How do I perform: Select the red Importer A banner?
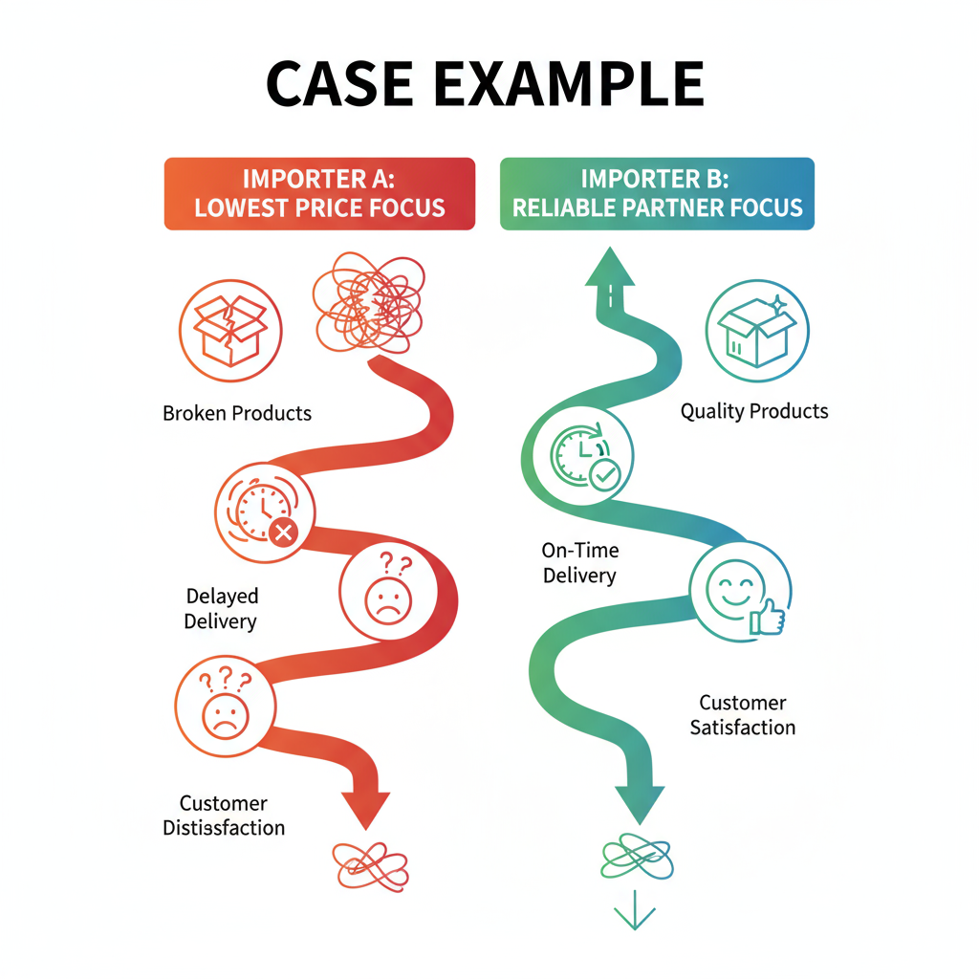[319, 193]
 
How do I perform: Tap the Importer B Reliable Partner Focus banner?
[657, 193]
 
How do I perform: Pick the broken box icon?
[230, 330]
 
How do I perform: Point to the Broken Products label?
[237, 414]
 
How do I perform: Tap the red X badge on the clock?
[283, 533]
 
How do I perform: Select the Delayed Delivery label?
[221, 609]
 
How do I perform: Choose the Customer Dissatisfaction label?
[224, 816]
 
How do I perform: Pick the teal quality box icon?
[757, 331]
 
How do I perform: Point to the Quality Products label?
[754, 411]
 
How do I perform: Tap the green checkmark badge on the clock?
[604, 475]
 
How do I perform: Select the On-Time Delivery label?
[579, 563]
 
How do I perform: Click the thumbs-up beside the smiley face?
[767, 619]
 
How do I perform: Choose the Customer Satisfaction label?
[742, 715]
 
